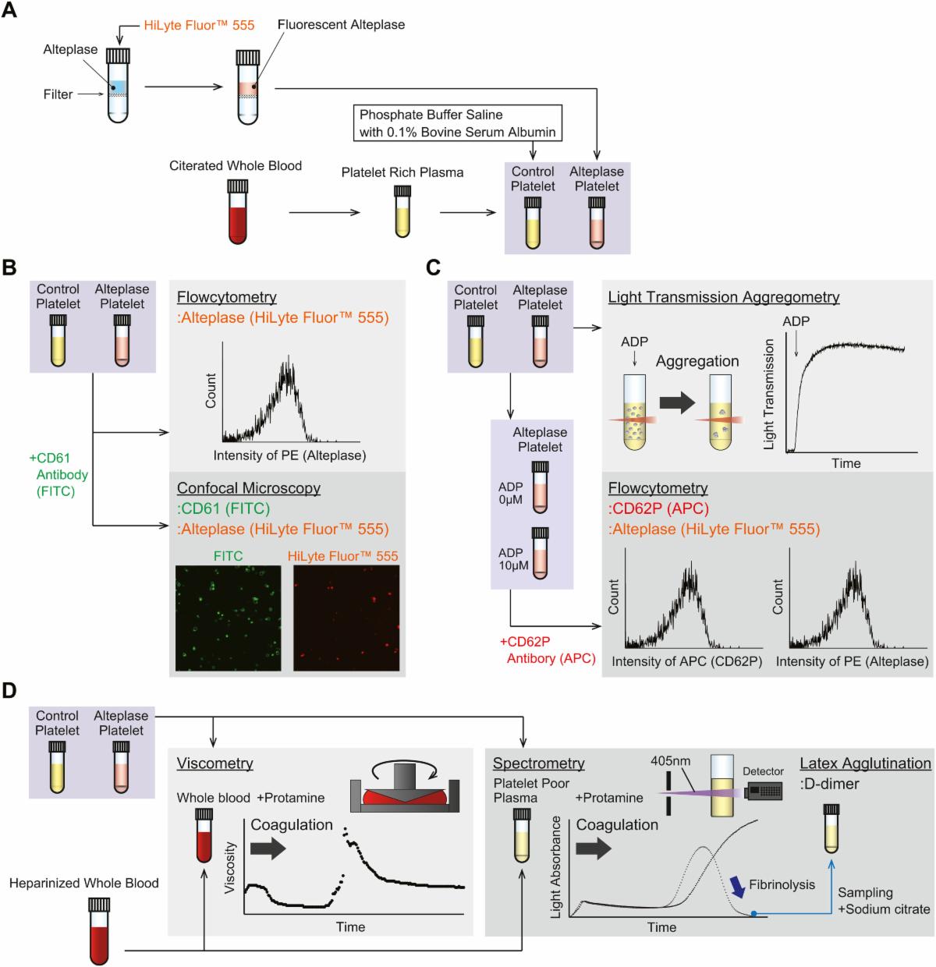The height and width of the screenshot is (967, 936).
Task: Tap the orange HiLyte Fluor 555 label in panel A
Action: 199,26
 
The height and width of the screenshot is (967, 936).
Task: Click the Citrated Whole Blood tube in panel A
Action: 238,211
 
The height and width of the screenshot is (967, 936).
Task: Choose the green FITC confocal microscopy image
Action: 228,618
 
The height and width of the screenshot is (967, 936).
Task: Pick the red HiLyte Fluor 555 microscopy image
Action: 346,618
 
